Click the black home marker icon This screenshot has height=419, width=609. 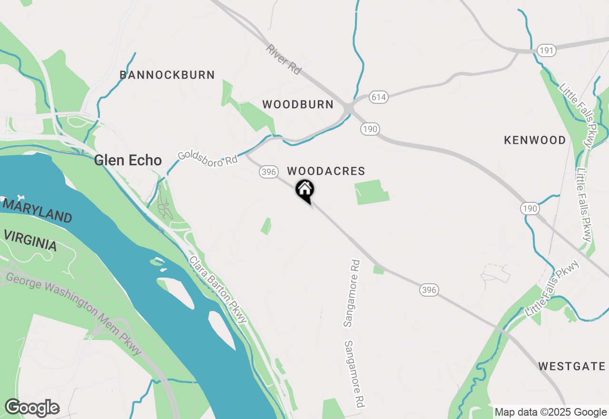click(305, 190)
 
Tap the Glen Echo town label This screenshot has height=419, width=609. click(128, 160)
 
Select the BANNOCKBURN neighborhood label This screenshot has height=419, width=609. click(167, 75)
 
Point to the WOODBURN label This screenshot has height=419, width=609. click(298, 104)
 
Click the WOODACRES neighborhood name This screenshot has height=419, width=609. click(326, 171)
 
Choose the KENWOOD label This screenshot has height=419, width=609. click(535, 140)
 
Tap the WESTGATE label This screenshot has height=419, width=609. click(572, 366)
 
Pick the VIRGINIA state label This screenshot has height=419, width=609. click(30, 240)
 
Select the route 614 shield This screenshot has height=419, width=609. click(379, 97)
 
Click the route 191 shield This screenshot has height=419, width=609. click(547, 50)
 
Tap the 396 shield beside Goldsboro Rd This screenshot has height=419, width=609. click(269, 172)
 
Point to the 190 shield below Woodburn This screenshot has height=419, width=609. click(370, 128)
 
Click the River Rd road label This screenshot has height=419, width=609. click(284, 59)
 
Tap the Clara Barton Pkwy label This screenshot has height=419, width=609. click(218, 289)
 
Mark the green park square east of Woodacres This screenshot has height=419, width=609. click(372, 192)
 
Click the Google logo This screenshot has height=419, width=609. click(32, 408)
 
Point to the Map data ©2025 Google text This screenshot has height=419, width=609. click(550, 412)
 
